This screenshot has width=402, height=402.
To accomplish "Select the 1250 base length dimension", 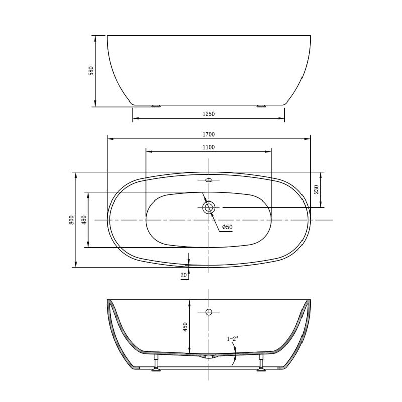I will [x=209, y=114].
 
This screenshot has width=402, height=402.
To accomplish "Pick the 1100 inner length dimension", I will [x=209, y=147].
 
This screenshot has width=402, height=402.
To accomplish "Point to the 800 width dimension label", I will [x=72, y=220].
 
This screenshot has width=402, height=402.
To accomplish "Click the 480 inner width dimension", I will [x=84, y=220].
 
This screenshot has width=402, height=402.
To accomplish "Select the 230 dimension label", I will [x=316, y=189].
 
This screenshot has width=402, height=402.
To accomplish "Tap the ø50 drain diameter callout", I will [x=227, y=228].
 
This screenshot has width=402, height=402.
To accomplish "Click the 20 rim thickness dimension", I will [x=183, y=275].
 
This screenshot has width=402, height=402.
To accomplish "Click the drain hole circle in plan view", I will [x=209, y=207].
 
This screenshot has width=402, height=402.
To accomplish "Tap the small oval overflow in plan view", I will [x=209, y=180].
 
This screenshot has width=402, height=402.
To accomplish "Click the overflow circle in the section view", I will [x=209, y=312].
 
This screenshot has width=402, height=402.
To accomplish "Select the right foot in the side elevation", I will [x=261, y=106].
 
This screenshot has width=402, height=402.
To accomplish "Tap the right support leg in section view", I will [x=261, y=363].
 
